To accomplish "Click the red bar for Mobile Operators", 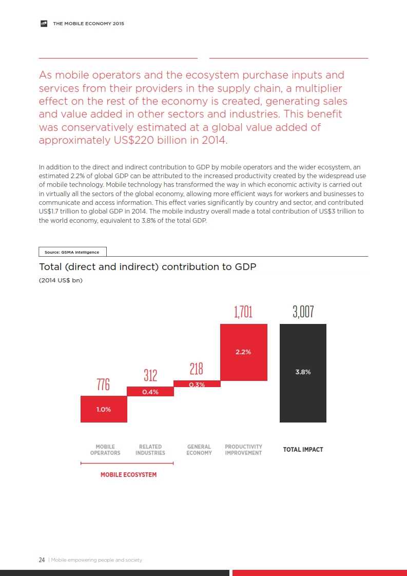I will point(104,409).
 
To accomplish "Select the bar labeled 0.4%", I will point(150,392).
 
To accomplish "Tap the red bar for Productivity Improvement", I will point(244,352).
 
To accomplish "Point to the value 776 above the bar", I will point(104,385).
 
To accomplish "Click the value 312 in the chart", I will point(150,375).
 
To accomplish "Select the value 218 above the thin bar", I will point(197,369).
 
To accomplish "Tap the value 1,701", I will point(243,312).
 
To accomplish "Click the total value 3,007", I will point(303,312).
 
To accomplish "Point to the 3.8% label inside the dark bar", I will point(303,372).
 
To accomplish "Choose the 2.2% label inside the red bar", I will point(243,352).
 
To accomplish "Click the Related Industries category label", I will point(150,450).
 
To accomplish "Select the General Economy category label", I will point(199,450).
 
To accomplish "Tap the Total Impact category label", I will point(303,450).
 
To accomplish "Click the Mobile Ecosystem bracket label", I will point(128,475).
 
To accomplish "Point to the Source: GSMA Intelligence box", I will point(72,252).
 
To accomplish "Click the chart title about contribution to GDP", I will point(147,267).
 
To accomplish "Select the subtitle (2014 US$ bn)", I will point(61,280).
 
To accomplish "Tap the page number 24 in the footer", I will point(42,560).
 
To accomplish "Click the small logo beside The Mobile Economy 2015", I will point(44,24).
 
